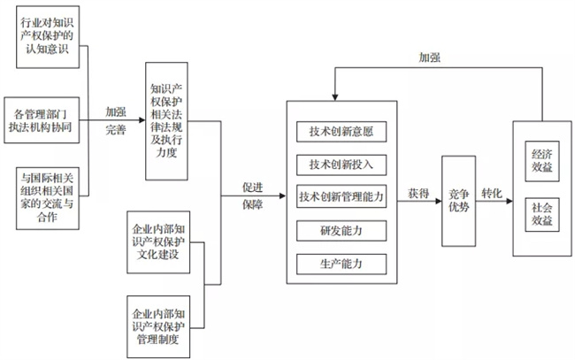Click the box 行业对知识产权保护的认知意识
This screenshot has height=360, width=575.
(50, 35)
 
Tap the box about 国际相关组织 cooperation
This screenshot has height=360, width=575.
(50, 199)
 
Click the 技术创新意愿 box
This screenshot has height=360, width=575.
(341, 133)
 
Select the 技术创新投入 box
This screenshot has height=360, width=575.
(341, 165)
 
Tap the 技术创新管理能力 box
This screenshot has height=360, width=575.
(341, 196)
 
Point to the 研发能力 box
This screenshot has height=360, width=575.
(341, 231)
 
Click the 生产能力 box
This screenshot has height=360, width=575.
(341, 264)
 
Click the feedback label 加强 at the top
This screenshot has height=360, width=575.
(430, 57)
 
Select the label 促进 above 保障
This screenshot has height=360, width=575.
(255, 188)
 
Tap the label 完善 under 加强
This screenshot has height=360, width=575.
(116, 130)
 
